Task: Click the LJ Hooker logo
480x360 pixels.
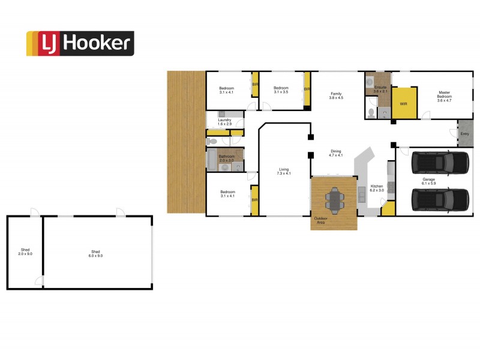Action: pos(80,43)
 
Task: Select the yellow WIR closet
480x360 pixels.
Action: pos(404,104)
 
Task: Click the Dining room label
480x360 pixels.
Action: pos(335,153)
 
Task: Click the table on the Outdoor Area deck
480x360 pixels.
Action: pos(335,197)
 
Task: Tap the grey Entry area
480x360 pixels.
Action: pos(464,134)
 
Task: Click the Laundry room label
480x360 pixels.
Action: pos(225,122)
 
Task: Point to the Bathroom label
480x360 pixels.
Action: pos(226,158)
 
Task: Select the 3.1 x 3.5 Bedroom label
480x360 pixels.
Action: pos(281,90)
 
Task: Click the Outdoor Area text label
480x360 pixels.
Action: pos(321,221)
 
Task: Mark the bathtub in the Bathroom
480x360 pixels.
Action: pos(212,159)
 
